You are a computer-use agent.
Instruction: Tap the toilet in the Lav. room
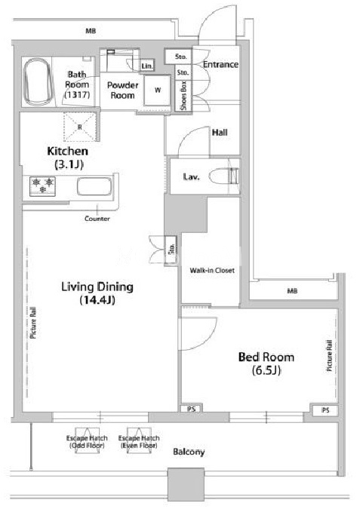point(224,176)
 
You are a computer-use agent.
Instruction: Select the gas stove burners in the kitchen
point(42,186)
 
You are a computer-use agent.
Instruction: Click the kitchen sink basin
point(94,186)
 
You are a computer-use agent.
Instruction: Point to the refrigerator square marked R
point(80,127)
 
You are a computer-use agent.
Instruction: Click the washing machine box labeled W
point(158,90)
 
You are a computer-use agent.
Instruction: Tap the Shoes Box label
point(184,95)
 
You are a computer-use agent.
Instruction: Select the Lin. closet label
point(147,66)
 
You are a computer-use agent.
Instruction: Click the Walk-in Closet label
point(212,271)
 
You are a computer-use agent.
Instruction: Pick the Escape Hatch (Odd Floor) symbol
point(87,440)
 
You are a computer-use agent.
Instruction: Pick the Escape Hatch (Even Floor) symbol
point(139,440)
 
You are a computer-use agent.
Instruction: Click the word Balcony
point(189,452)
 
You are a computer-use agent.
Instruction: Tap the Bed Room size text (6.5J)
point(266,370)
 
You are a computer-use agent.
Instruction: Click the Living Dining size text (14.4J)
point(97,300)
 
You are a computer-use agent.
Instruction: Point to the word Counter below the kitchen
point(97,219)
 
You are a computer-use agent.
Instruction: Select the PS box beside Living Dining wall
point(192,409)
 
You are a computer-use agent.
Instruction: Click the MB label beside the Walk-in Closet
point(292,290)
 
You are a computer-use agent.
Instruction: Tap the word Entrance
point(220,64)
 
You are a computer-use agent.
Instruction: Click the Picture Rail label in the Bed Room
point(329,355)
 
